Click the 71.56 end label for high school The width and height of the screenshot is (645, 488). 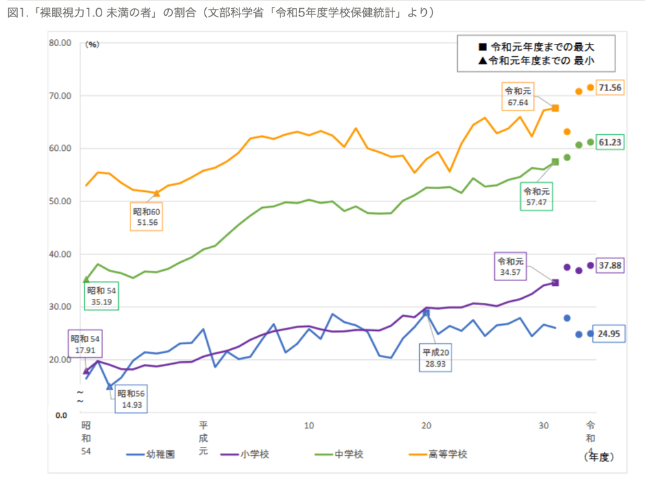click(609, 88)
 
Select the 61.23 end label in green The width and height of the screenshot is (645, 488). click(609, 143)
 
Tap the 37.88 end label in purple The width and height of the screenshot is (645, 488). click(609, 265)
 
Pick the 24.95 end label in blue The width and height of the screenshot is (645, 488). click(609, 334)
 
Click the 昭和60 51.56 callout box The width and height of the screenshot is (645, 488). click(146, 217)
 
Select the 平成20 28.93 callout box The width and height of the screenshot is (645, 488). click(436, 358)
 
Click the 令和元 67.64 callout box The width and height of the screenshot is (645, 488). click(518, 97)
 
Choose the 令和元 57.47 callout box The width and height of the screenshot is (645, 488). click(537, 197)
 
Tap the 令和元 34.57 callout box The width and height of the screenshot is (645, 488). click(510, 267)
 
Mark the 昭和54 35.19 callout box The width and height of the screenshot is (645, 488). click(101, 296)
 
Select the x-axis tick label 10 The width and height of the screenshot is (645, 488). click(309, 426)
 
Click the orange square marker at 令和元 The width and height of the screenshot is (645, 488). click(555, 108)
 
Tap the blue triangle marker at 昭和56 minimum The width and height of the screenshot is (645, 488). click(109, 387)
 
